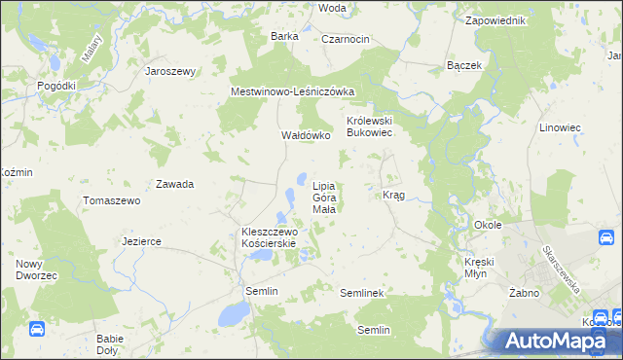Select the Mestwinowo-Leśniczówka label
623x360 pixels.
point(293,91)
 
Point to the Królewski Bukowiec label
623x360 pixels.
point(369,127)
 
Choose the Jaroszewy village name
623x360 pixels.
point(170,71)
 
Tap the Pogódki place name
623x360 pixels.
point(56,86)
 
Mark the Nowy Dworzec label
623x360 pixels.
point(35,270)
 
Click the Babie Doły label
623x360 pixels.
point(109,343)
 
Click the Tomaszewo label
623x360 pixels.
point(112,200)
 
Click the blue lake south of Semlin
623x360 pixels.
point(233,313)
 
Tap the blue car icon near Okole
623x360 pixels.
point(607,236)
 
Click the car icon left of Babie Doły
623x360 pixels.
point(37,330)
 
